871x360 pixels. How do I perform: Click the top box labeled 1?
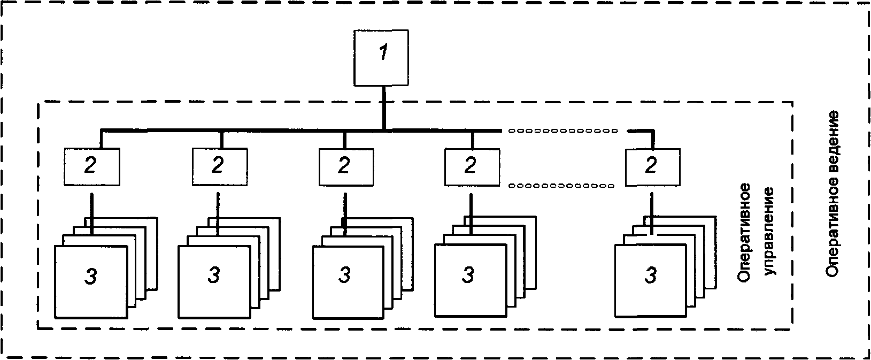pos(381,58)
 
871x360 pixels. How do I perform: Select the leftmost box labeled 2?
pos(92,166)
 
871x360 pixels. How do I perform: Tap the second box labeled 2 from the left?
pos(220,166)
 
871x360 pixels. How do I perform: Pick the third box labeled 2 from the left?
pos(346,167)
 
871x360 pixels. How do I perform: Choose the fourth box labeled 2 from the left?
pos(472,167)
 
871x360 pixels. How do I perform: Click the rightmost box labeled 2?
pos(653,167)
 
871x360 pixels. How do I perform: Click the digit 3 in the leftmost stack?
pos(91,277)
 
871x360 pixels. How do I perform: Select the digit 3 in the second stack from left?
pos(214,275)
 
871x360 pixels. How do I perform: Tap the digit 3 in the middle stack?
pos(344,275)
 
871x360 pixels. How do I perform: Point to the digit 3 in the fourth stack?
pos(468,275)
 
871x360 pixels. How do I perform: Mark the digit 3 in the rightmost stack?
pos(651,275)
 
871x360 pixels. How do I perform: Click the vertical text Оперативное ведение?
pos(833,194)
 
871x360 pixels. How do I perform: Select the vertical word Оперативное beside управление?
pos(744,233)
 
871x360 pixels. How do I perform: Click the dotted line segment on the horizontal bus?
pos(562,131)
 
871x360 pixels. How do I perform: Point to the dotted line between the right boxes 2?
pos(561,186)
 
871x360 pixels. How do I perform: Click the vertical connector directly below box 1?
pos(384,108)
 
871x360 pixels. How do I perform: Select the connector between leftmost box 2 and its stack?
pos(92,213)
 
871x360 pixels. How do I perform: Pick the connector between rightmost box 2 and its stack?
pos(652,213)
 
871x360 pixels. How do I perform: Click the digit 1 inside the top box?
pos(384,52)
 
